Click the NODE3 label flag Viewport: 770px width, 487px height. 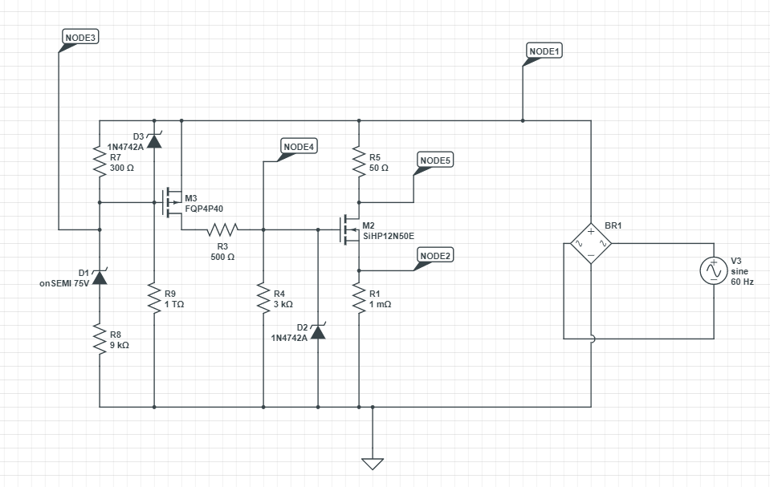(x=80, y=38)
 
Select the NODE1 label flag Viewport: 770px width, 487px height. (x=544, y=51)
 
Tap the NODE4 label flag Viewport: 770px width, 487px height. (x=299, y=146)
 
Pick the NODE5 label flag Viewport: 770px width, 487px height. (x=436, y=161)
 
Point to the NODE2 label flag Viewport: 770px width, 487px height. (x=436, y=255)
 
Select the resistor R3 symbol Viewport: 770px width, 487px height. (x=222, y=230)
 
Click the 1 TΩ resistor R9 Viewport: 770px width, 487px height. (x=153, y=298)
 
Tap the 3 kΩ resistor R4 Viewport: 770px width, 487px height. (x=263, y=298)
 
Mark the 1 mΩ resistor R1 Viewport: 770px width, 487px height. (x=358, y=298)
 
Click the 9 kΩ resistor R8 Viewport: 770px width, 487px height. (x=100, y=339)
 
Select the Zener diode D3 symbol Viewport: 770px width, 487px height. (x=153, y=140)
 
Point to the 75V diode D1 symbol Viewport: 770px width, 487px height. (x=100, y=277)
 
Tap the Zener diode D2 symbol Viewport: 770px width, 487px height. (x=318, y=331)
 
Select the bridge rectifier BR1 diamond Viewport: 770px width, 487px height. (x=591, y=243)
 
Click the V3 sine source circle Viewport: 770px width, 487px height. (x=713, y=271)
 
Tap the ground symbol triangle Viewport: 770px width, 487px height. (x=373, y=464)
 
